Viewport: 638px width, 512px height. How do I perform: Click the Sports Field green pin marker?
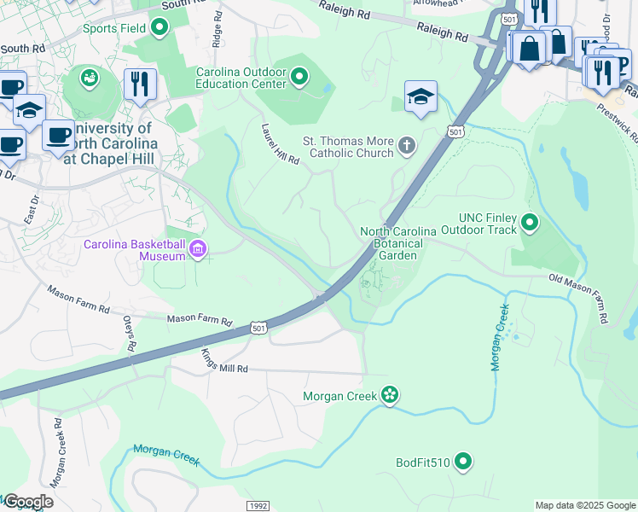click(x=159, y=28)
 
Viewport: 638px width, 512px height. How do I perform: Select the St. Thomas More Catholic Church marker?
click(x=407, y=147)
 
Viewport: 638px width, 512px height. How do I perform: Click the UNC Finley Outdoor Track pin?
click(x=530, y=224)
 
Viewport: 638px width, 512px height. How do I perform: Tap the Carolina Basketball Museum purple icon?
click(x=198, y=250)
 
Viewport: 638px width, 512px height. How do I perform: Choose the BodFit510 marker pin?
click(x=463, y=463)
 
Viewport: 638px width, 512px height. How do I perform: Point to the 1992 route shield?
click(x=258, y=506)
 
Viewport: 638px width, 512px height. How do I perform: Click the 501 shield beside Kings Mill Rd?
click(x=258, y=328)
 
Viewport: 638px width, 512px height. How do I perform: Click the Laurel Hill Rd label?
click(x=281, y=144)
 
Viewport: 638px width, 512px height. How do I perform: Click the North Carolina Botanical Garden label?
click(x=398, y=243)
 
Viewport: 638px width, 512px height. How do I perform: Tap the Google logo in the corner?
click(x=27, y=502)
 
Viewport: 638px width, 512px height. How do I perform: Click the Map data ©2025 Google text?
click(x=584, y=505)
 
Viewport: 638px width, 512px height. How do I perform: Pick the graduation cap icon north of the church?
click(x=420, y=96)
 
